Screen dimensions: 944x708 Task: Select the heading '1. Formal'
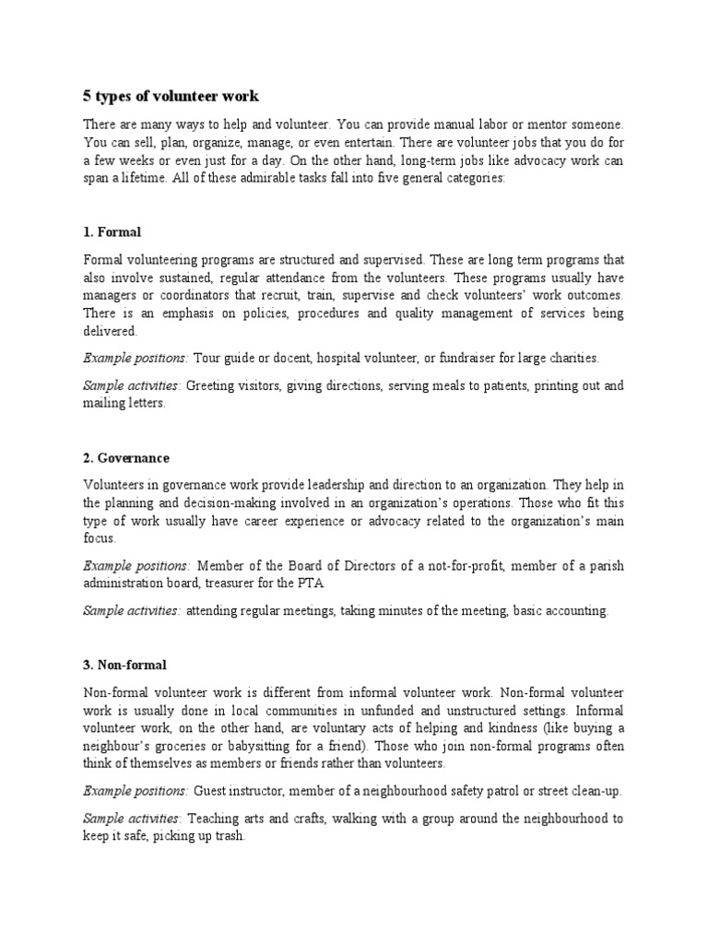[112, 231]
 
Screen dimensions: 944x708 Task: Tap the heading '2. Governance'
[126, 457]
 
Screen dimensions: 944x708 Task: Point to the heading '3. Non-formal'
[124, 665]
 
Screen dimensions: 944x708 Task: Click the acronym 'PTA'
[312, 584]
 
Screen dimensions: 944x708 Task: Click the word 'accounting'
[577, 611]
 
